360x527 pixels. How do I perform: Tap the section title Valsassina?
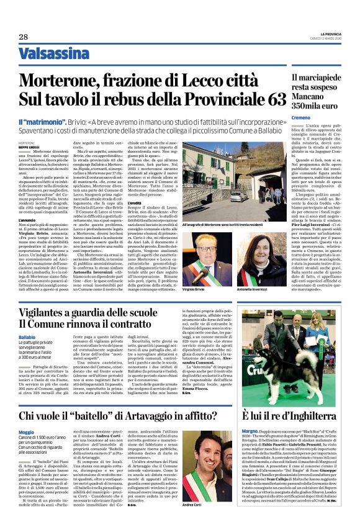(55, 55)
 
